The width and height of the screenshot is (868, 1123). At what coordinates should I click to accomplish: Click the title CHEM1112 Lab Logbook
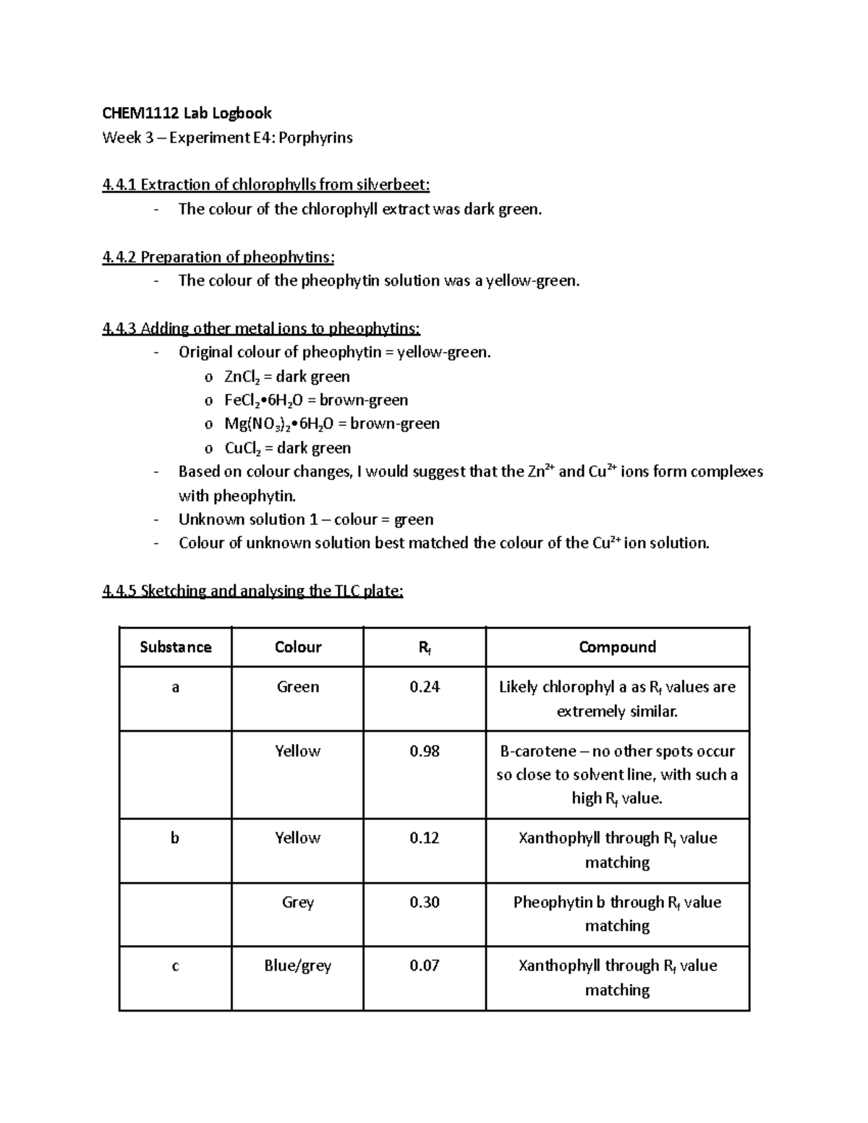pos(187,113)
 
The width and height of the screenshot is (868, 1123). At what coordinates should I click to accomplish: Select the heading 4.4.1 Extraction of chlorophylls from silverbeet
pos(266,185)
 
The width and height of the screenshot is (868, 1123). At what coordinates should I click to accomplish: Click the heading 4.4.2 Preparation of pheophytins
pos(218,257)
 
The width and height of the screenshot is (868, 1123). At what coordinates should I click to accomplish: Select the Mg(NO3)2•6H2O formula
pos(273,424)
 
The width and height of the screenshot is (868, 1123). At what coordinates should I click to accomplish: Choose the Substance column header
pos(175,647)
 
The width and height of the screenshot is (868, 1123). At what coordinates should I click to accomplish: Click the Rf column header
pos(424,648)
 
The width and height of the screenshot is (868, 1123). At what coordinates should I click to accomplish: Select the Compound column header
pos(617,647)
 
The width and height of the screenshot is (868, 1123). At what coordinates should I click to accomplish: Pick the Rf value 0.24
pos(424,687)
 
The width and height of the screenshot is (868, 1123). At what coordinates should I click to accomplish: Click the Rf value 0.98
pos(424,751)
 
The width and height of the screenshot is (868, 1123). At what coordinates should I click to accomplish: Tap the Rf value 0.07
pos(424,966)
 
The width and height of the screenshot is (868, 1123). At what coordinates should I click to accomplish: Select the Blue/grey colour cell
pos(297,966)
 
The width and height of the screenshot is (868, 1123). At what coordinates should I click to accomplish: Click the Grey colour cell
pos(297,902)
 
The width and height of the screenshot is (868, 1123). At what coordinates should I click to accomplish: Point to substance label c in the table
pos(175,966)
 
